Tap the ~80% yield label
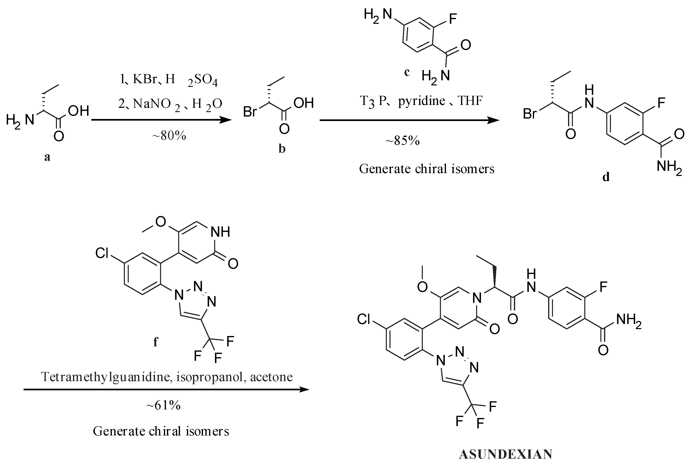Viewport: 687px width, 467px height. coord(169,136)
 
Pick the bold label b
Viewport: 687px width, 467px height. coord(282,149)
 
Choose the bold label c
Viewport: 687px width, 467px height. coord(407,72)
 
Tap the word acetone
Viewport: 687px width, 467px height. coord(271,377)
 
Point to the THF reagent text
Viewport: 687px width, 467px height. coord(470,101)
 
